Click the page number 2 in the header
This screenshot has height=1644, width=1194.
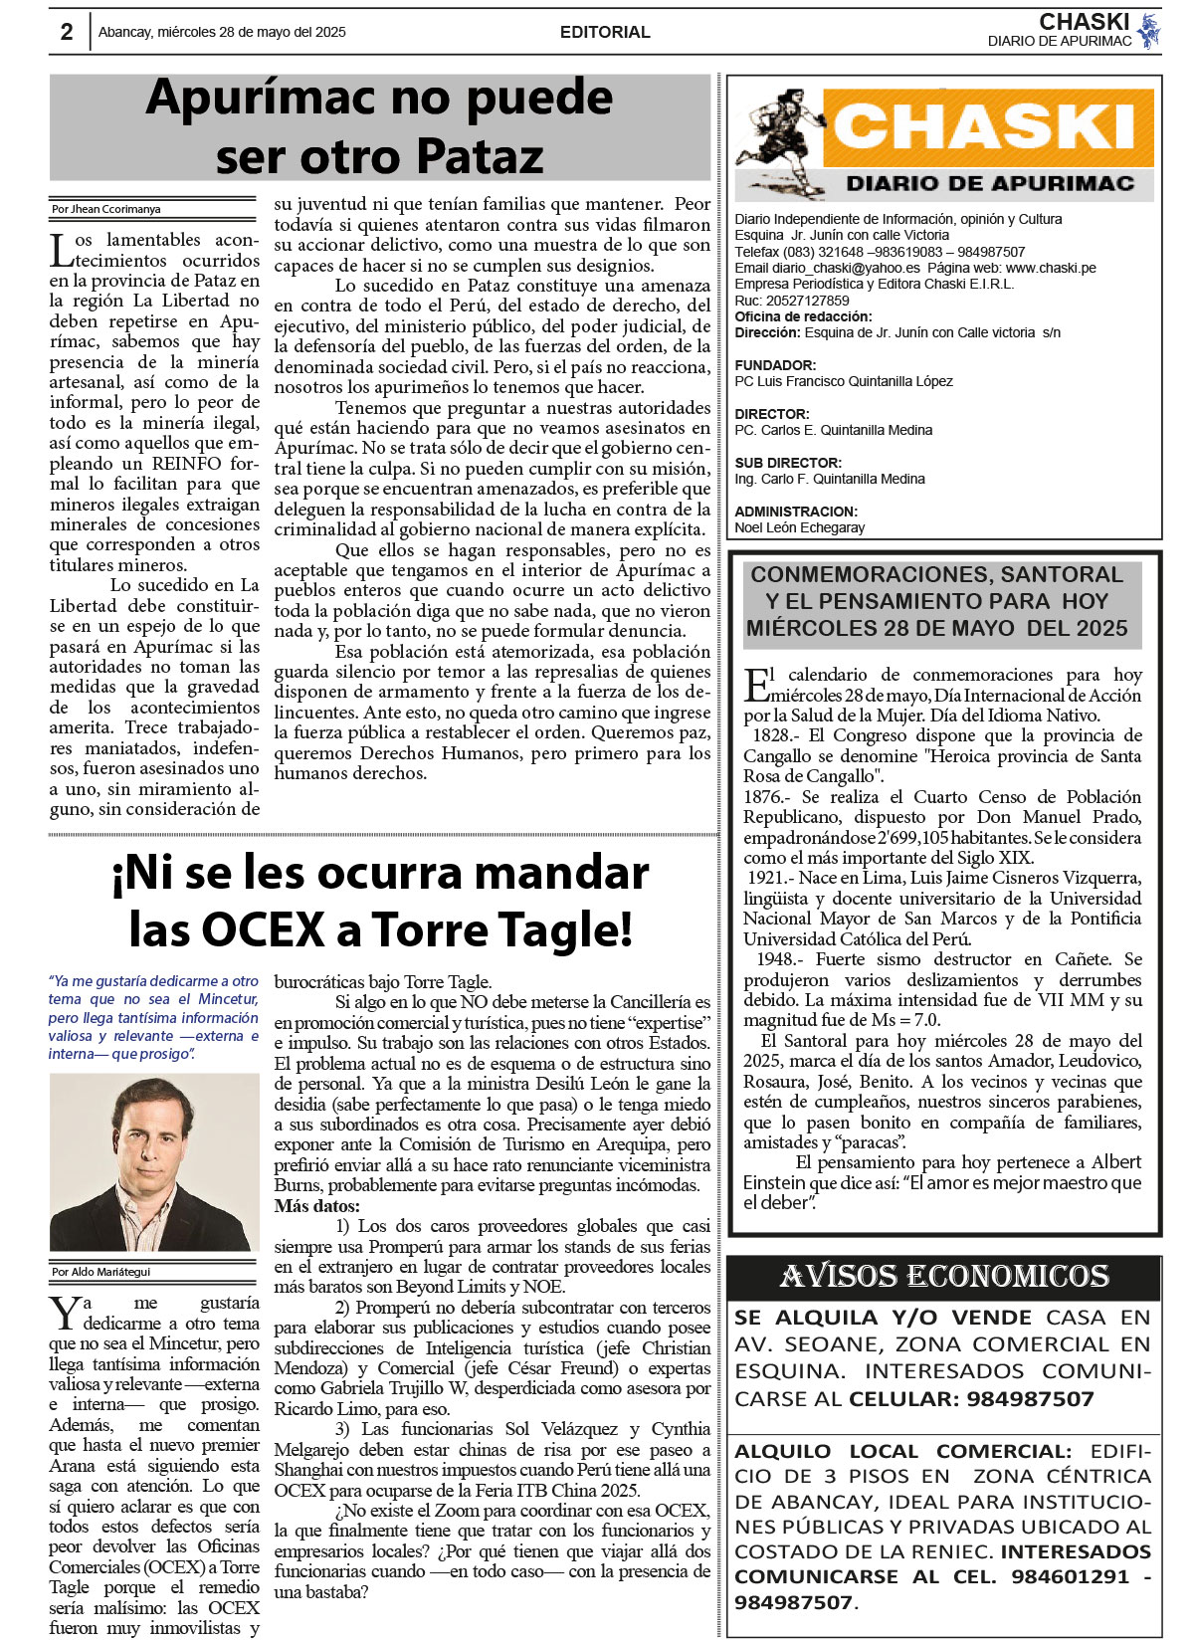click(x=67, y=32)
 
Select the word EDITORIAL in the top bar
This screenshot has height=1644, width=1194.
click(x=605, y=32)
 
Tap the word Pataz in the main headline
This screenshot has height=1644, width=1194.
click(x=480, y=156)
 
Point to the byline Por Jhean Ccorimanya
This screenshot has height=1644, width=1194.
click(x=106, y=209)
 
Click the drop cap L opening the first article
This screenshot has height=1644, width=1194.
click(x=61, y=250)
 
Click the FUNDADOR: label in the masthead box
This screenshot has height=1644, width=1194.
click(x=775, y=365)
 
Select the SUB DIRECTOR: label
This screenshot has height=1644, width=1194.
click(x=788, y=463)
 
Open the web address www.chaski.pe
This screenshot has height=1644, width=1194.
click(x=1051, y=268)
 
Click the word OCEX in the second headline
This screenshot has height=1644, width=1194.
click(x=264, y=929)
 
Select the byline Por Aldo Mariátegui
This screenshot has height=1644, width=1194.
click(x=101, y=1272)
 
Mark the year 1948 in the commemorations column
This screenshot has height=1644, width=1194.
click(x=776, y=959)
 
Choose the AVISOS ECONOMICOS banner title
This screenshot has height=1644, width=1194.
click(x=944, y=1277)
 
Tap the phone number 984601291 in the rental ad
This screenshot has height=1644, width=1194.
click(x=1071, y=1577)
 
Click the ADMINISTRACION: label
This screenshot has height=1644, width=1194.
click(x=796, y=512)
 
